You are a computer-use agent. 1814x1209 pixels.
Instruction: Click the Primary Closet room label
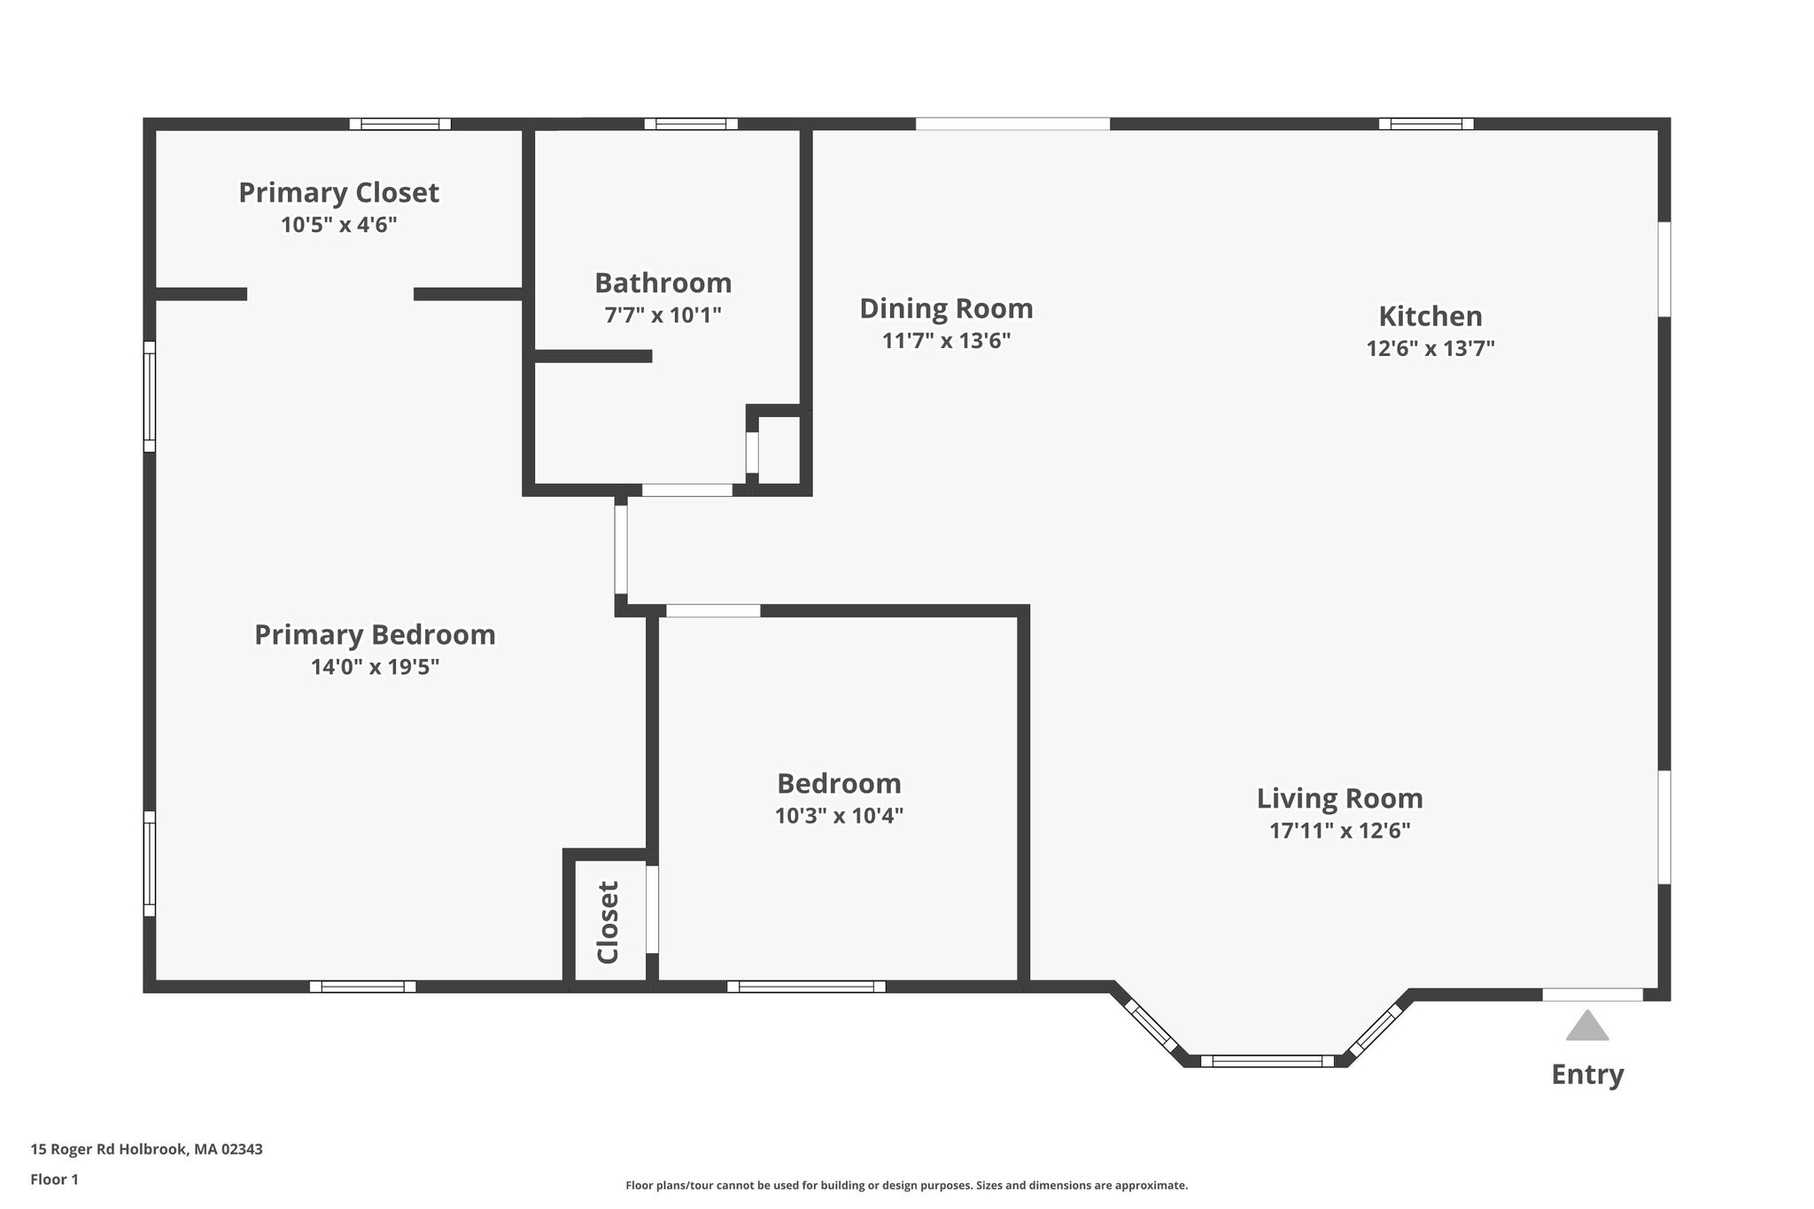click(x=338, y=192)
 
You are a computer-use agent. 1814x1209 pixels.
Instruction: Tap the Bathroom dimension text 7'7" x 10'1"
click(x=663, y=314)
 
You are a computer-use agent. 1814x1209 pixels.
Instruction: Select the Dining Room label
click(x=946, y=308)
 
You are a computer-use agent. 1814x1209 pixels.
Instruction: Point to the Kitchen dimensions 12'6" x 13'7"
click(x=1430, y=348)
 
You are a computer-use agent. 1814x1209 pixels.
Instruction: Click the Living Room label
click(x=1339, y=798)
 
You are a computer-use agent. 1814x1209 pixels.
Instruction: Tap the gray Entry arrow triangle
click(x=1587, y=1026)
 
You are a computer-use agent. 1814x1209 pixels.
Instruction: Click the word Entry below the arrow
click(x=1587, y=1074)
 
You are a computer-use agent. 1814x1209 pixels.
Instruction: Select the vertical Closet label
click(x=608, y=922)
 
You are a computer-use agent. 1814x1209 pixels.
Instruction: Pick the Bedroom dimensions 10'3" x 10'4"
click(x=839, y=816)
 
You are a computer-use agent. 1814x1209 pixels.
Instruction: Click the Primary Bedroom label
click(x=375, y=635)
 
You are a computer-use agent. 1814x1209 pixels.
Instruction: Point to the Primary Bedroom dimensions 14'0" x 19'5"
click(x=375, y=667)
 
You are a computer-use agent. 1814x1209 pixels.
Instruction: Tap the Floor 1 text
click(x=54, y=1180)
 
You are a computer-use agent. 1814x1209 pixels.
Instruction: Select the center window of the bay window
click(x=1267, y=1061)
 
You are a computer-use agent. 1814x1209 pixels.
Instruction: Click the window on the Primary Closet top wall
click(x=399, y=124)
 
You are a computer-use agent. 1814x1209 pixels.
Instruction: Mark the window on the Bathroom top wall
click(x=691, y=124)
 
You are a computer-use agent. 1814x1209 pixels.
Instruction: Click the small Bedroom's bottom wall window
click(x=806, y=987)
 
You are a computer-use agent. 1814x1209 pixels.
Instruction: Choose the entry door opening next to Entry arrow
click(x=1593, y=995)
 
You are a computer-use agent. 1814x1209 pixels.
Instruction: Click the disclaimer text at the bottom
click(x=906, y=1185)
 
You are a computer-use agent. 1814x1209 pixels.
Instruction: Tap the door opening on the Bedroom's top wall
click(x=713, y=610)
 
